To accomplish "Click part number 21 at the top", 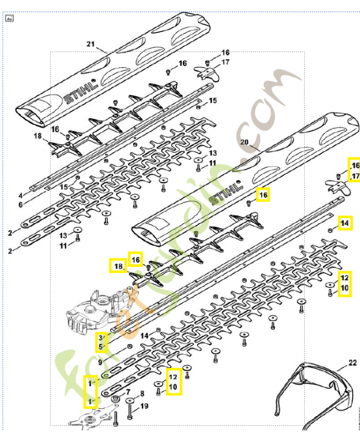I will point(91,44).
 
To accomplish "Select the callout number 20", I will point(245,142).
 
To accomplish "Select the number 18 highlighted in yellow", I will point(117,267).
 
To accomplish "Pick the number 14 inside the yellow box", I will point(345,223).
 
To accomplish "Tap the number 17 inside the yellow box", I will point(355,176).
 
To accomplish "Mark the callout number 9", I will point(100,362).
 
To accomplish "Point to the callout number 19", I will point(144,407).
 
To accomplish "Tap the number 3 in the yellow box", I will point(101,338).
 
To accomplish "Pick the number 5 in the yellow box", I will point(101,347).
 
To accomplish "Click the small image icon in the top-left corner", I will point(9,18).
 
